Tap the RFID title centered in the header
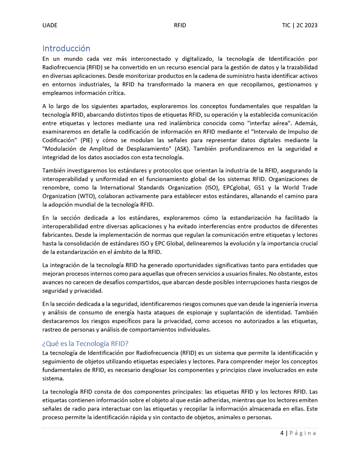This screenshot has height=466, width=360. (180, 26)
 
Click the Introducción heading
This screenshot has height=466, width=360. (66, 48)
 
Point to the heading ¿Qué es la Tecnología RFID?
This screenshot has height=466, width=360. (85, 343)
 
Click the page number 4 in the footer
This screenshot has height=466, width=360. (282, 433)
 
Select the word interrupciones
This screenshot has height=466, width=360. (267, 283)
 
